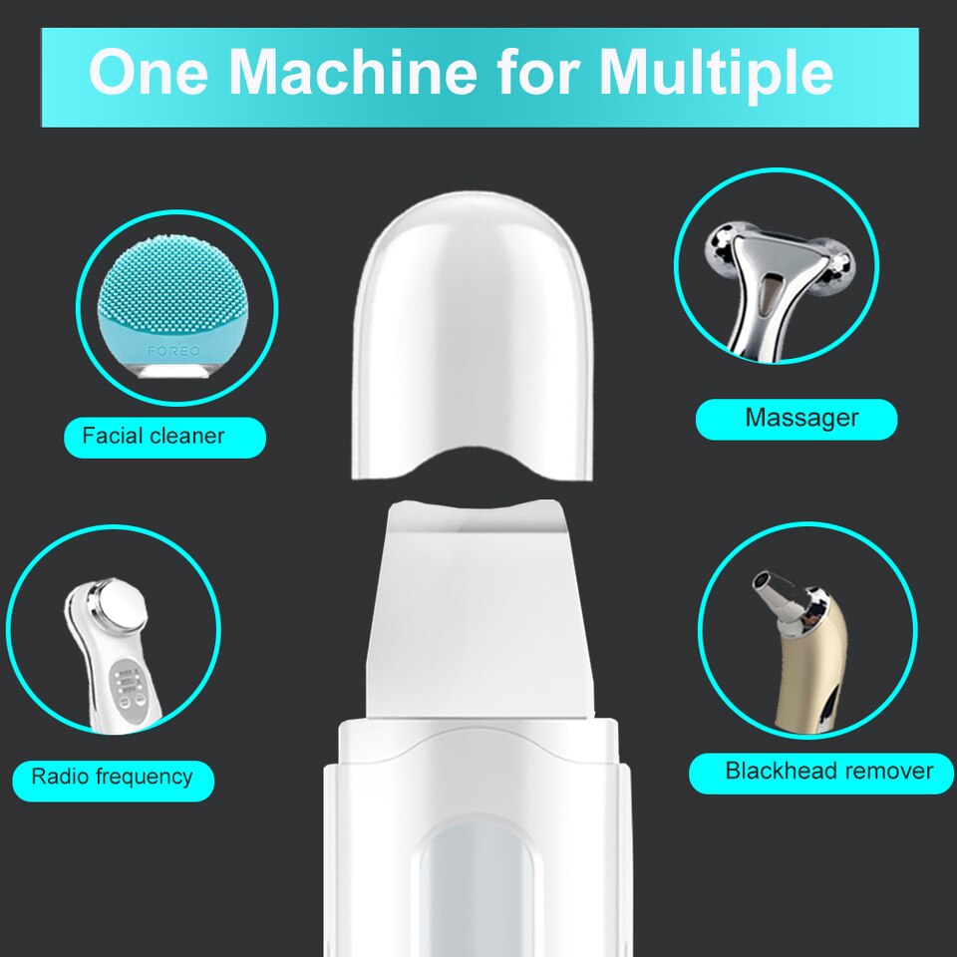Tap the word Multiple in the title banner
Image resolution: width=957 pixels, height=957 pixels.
pos(716,73)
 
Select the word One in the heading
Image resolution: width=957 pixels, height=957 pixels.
pos(149,73)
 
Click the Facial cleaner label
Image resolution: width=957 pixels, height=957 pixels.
pos(154,436)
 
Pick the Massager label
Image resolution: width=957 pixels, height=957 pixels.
pos(800,418)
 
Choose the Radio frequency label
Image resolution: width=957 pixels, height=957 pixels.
pos(112,777)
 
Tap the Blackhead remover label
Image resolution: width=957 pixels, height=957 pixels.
pos(828,771)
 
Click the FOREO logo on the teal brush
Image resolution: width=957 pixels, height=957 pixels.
pos(174,351)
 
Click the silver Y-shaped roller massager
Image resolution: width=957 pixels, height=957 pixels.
pos(773,279)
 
